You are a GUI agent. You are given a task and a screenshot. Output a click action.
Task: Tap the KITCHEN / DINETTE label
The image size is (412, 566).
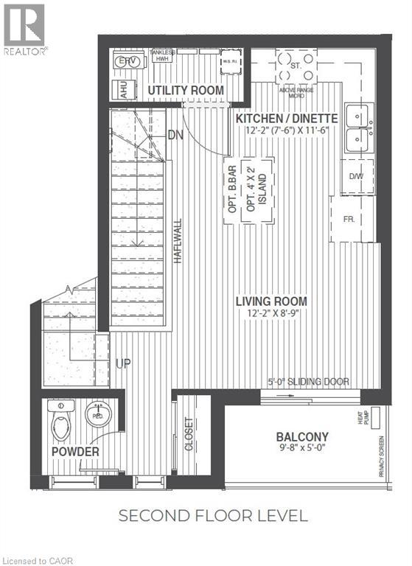click(286, 118)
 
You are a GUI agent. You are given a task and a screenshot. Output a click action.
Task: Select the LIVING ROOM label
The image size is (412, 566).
click(271, 301)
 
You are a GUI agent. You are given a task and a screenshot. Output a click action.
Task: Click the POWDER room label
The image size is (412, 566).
click(75, 451)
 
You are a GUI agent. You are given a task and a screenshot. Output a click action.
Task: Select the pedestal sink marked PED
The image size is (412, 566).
click(97, 415)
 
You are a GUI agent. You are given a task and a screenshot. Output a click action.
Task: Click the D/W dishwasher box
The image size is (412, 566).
click(356, 175)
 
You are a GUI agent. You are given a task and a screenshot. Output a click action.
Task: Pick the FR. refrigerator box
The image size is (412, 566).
click(350, 220)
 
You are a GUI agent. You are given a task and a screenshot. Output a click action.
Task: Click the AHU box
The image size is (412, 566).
click(117, 89)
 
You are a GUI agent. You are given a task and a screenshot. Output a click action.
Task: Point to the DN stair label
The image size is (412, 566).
click(175, 135)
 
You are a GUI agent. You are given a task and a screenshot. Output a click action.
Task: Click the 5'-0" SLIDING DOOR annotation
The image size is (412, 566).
click(307, 382)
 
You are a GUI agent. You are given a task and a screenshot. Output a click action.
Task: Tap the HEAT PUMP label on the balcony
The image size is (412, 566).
click(377, 421)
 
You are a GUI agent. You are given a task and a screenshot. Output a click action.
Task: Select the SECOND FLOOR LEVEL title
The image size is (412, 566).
click(213, 515)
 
